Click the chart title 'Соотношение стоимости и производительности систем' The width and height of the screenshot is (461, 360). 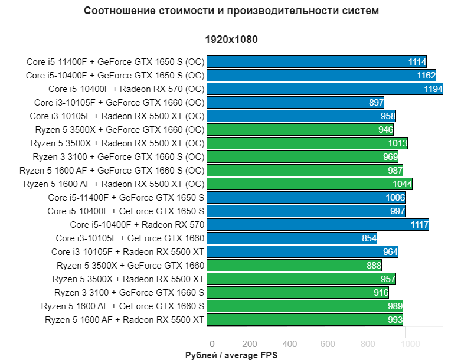[231, 11]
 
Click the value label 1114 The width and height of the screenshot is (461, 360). [417, 61]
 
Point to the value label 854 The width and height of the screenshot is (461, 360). [367, 238]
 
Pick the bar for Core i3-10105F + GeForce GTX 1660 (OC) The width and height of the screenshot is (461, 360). [295, 102]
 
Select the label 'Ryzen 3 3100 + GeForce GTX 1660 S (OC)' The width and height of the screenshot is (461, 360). [118, 156]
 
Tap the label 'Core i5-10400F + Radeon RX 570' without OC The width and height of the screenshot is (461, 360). [137, 224]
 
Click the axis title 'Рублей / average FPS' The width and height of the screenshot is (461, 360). [231, 355]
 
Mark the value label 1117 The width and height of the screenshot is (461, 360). [419, 225]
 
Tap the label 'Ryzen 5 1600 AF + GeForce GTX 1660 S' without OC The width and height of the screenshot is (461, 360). [123, 306]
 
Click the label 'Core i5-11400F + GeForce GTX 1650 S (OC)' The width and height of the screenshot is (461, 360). [115, 61]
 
